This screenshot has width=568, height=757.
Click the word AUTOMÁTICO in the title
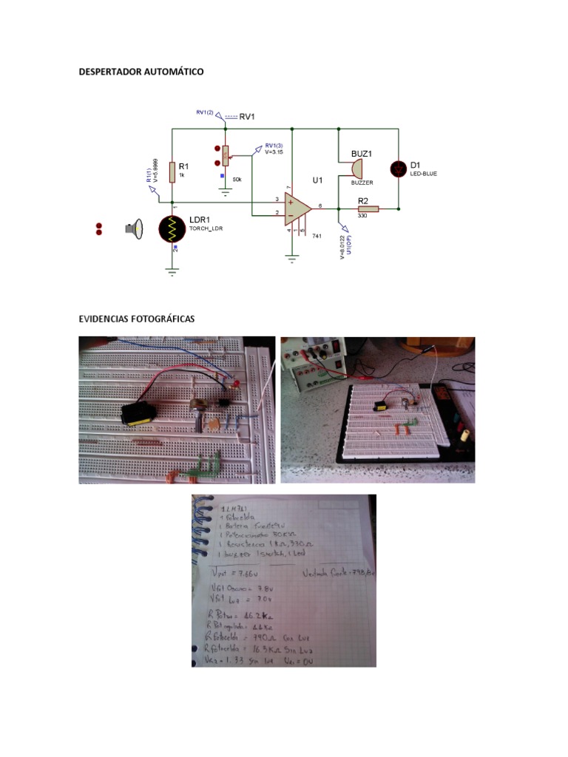coord(172,72)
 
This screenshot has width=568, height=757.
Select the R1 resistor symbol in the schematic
coord(172,172)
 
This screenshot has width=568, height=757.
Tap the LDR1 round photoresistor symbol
coord(173,228)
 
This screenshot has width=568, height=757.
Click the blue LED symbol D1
coord(399,169)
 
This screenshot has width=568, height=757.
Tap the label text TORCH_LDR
coord(206,229)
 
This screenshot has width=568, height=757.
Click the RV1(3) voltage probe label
coord(274,146)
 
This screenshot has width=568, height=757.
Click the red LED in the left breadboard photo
coord(234,385)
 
